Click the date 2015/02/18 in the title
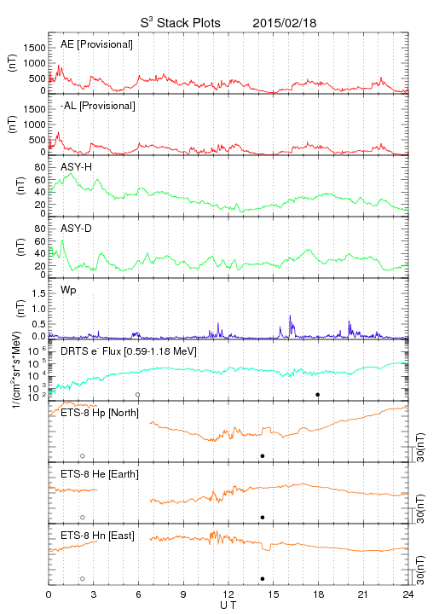click(x=284, y=23)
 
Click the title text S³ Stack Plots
click(x=181, y=22)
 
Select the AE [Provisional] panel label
click(x=96, y=44)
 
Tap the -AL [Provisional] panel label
click(x=98, y=106)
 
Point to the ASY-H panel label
click(x=77, y=167)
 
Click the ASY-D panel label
click(x=77, y=229)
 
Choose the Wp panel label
click(x=68, y=291)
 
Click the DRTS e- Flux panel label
click(x=129, y=351)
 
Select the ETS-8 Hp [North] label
click(x=100, y=413)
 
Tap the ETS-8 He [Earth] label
click(x=100, y=474)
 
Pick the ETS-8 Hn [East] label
click(x=97, y=536)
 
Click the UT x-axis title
click(x=228, y=605)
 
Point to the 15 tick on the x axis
click(x=274, y=594)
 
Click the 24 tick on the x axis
click(x=408, y=594)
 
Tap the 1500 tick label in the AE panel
click(x=34, y=48)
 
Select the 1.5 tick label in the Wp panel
click(x=38, y=293)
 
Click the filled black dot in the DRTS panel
click(x=318, y=395)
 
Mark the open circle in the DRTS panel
click(x=138, y=395)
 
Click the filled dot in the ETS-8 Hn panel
click(x=263, y=579)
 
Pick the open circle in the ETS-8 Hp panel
click(x=83, y=456)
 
